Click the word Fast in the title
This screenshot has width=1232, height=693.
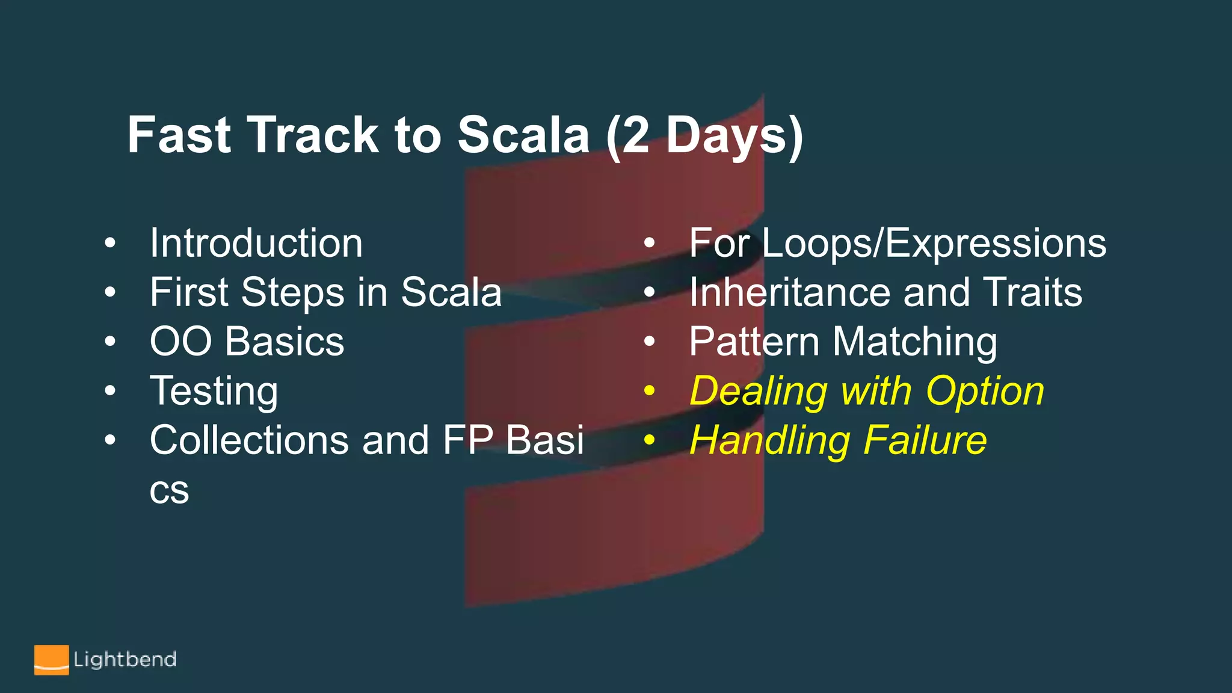[x=179, y=135]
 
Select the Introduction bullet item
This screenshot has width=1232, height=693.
[x=256, y=243]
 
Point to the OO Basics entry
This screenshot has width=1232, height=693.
[x=247, y=342]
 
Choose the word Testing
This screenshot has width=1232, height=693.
[x=214, y=391]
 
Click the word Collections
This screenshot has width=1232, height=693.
[x=249, y=440]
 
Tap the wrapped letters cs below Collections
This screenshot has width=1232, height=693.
[x=169, y=491]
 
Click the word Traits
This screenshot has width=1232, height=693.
[x=1032, y=292]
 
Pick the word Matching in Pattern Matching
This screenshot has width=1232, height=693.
[x=914, y=342]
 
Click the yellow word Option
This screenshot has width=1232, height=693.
[x=985, y=391]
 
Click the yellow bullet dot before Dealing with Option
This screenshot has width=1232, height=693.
[x=649, y=391]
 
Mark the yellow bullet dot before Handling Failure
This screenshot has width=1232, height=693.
[x=649, y=440]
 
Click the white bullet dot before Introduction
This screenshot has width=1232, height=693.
[x=109, y=243]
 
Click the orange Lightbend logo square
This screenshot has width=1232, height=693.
[x=51, y=660]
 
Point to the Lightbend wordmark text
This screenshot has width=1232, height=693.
[x=125, y=660]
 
